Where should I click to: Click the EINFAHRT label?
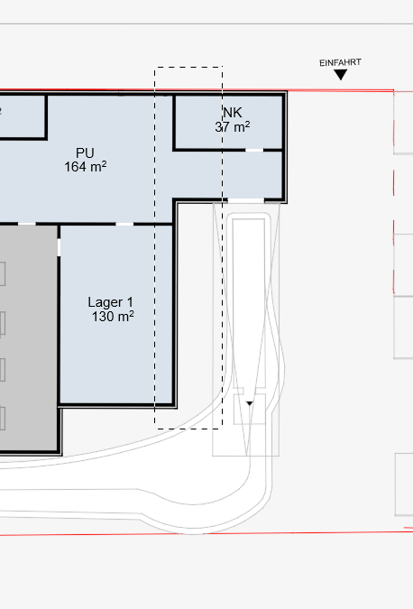341,62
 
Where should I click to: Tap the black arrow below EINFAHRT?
341,75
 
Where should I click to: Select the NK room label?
233,112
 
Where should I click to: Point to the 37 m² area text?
233,126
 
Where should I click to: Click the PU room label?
85,152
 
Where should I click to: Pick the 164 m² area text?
86,167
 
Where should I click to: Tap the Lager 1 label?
111,302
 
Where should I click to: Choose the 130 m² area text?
113,317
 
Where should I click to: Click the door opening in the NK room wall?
254,150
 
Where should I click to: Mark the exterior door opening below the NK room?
245,201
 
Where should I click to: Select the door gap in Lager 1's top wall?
124,224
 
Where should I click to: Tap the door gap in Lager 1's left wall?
59,247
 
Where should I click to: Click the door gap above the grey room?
27,224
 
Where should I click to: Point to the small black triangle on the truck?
250,403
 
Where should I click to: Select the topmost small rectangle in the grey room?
3,273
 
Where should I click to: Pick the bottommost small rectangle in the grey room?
3,419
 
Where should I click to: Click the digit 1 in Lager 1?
130,302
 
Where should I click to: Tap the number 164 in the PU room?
72,167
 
